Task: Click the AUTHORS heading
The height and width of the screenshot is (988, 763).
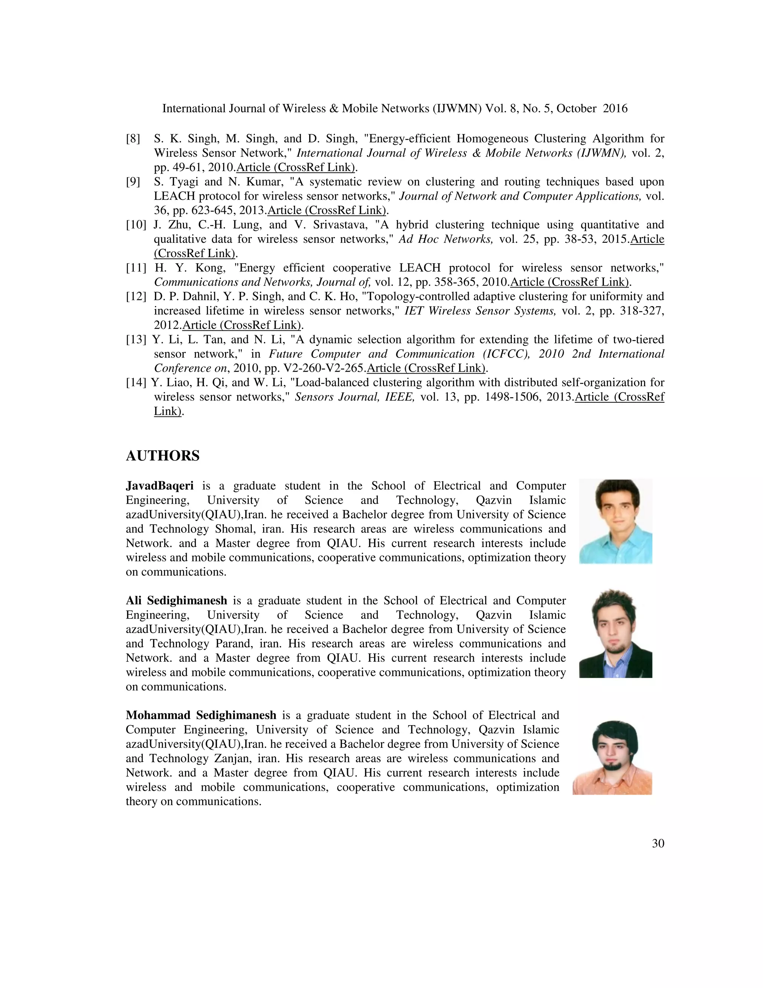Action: click(162, 456)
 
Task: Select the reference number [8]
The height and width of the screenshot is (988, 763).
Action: click(133, 138)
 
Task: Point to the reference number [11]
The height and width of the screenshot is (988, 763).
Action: click(136, 268)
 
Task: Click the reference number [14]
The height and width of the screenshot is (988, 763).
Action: click(136, 383)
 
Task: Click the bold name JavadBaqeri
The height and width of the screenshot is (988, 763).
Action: click(159, 486)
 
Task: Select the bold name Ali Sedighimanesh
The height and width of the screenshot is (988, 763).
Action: click(176, 601)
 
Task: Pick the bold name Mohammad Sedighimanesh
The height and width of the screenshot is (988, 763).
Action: click(201, 715)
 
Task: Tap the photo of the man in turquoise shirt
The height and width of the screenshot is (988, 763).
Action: click(615, 521)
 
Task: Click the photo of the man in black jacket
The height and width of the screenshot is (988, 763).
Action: click(615, 633)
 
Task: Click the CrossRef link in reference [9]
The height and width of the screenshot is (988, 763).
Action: click(327, 210)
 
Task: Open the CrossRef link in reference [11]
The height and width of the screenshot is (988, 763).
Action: click(570, 282)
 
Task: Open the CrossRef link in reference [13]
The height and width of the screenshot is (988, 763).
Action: click(426, 368)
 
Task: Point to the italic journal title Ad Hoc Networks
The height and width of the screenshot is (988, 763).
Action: click(445, 239)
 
